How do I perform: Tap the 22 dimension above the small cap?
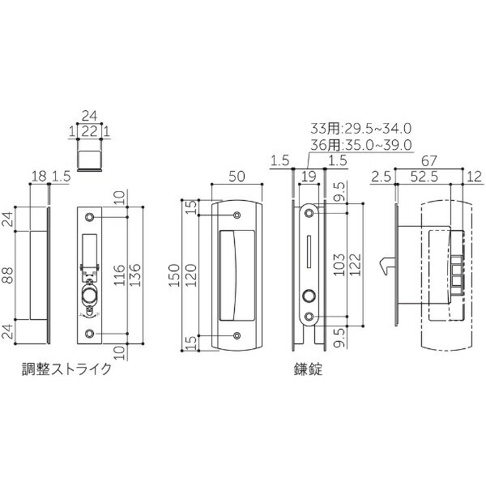pyautogui.click(x=90, y=130)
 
